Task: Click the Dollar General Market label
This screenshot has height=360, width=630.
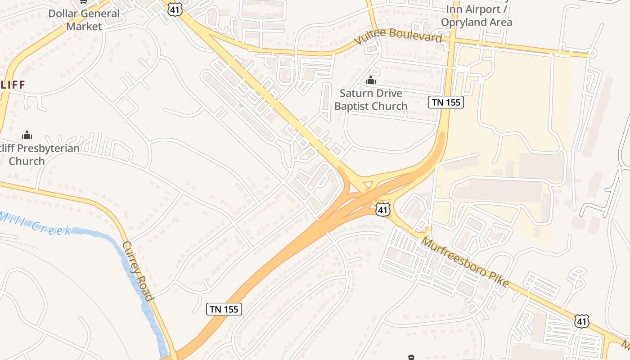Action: pyautogui.click(x=84, y=20)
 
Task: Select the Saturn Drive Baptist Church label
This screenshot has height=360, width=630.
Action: pyautogui.click(x=371, y=100)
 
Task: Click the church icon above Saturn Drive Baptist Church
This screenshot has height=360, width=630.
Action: pyautogui.click(x=371, y=81)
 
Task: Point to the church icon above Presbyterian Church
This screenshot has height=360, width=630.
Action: pyautogui.click(x=27, y=135)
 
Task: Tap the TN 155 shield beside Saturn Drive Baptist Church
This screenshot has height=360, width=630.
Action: pyautogui.click(x=446, y=102)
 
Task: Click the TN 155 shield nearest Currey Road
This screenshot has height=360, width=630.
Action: pyautogui.click(x=224, y=309)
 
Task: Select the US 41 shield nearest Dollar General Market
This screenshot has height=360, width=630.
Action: pyautogui.click(x=175, y=9)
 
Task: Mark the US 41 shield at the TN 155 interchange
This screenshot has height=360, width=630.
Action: pyautogui.click(x=382, y=209)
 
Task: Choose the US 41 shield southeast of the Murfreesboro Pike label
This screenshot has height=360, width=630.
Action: pyautogui.click(x=582, y=321)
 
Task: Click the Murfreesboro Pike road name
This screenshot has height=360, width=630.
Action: pyautogui.click(x=465, y=262)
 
